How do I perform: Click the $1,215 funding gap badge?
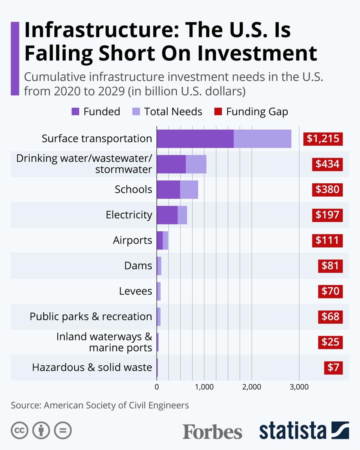tap(323, 139)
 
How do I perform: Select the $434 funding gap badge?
tap(327, 164)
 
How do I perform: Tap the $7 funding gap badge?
tap(333, 367)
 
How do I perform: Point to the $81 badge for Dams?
tap(330, 266)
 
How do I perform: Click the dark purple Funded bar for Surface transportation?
tap(195, 139)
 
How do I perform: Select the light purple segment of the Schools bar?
tap(189, 189)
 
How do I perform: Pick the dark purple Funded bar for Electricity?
tap(167, 215)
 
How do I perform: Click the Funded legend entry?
tap(96, 111)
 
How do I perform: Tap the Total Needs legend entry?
tap(167, 111)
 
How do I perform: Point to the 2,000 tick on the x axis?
tap(251, 387)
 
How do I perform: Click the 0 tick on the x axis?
tap(157, 387)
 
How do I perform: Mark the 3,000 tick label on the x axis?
tap(299, 387)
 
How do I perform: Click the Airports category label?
tap(133, 240)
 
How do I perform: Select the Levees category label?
tap(136, 291)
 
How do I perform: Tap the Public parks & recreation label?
tap(91, 316)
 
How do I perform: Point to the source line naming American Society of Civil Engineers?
tap(100, 405)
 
